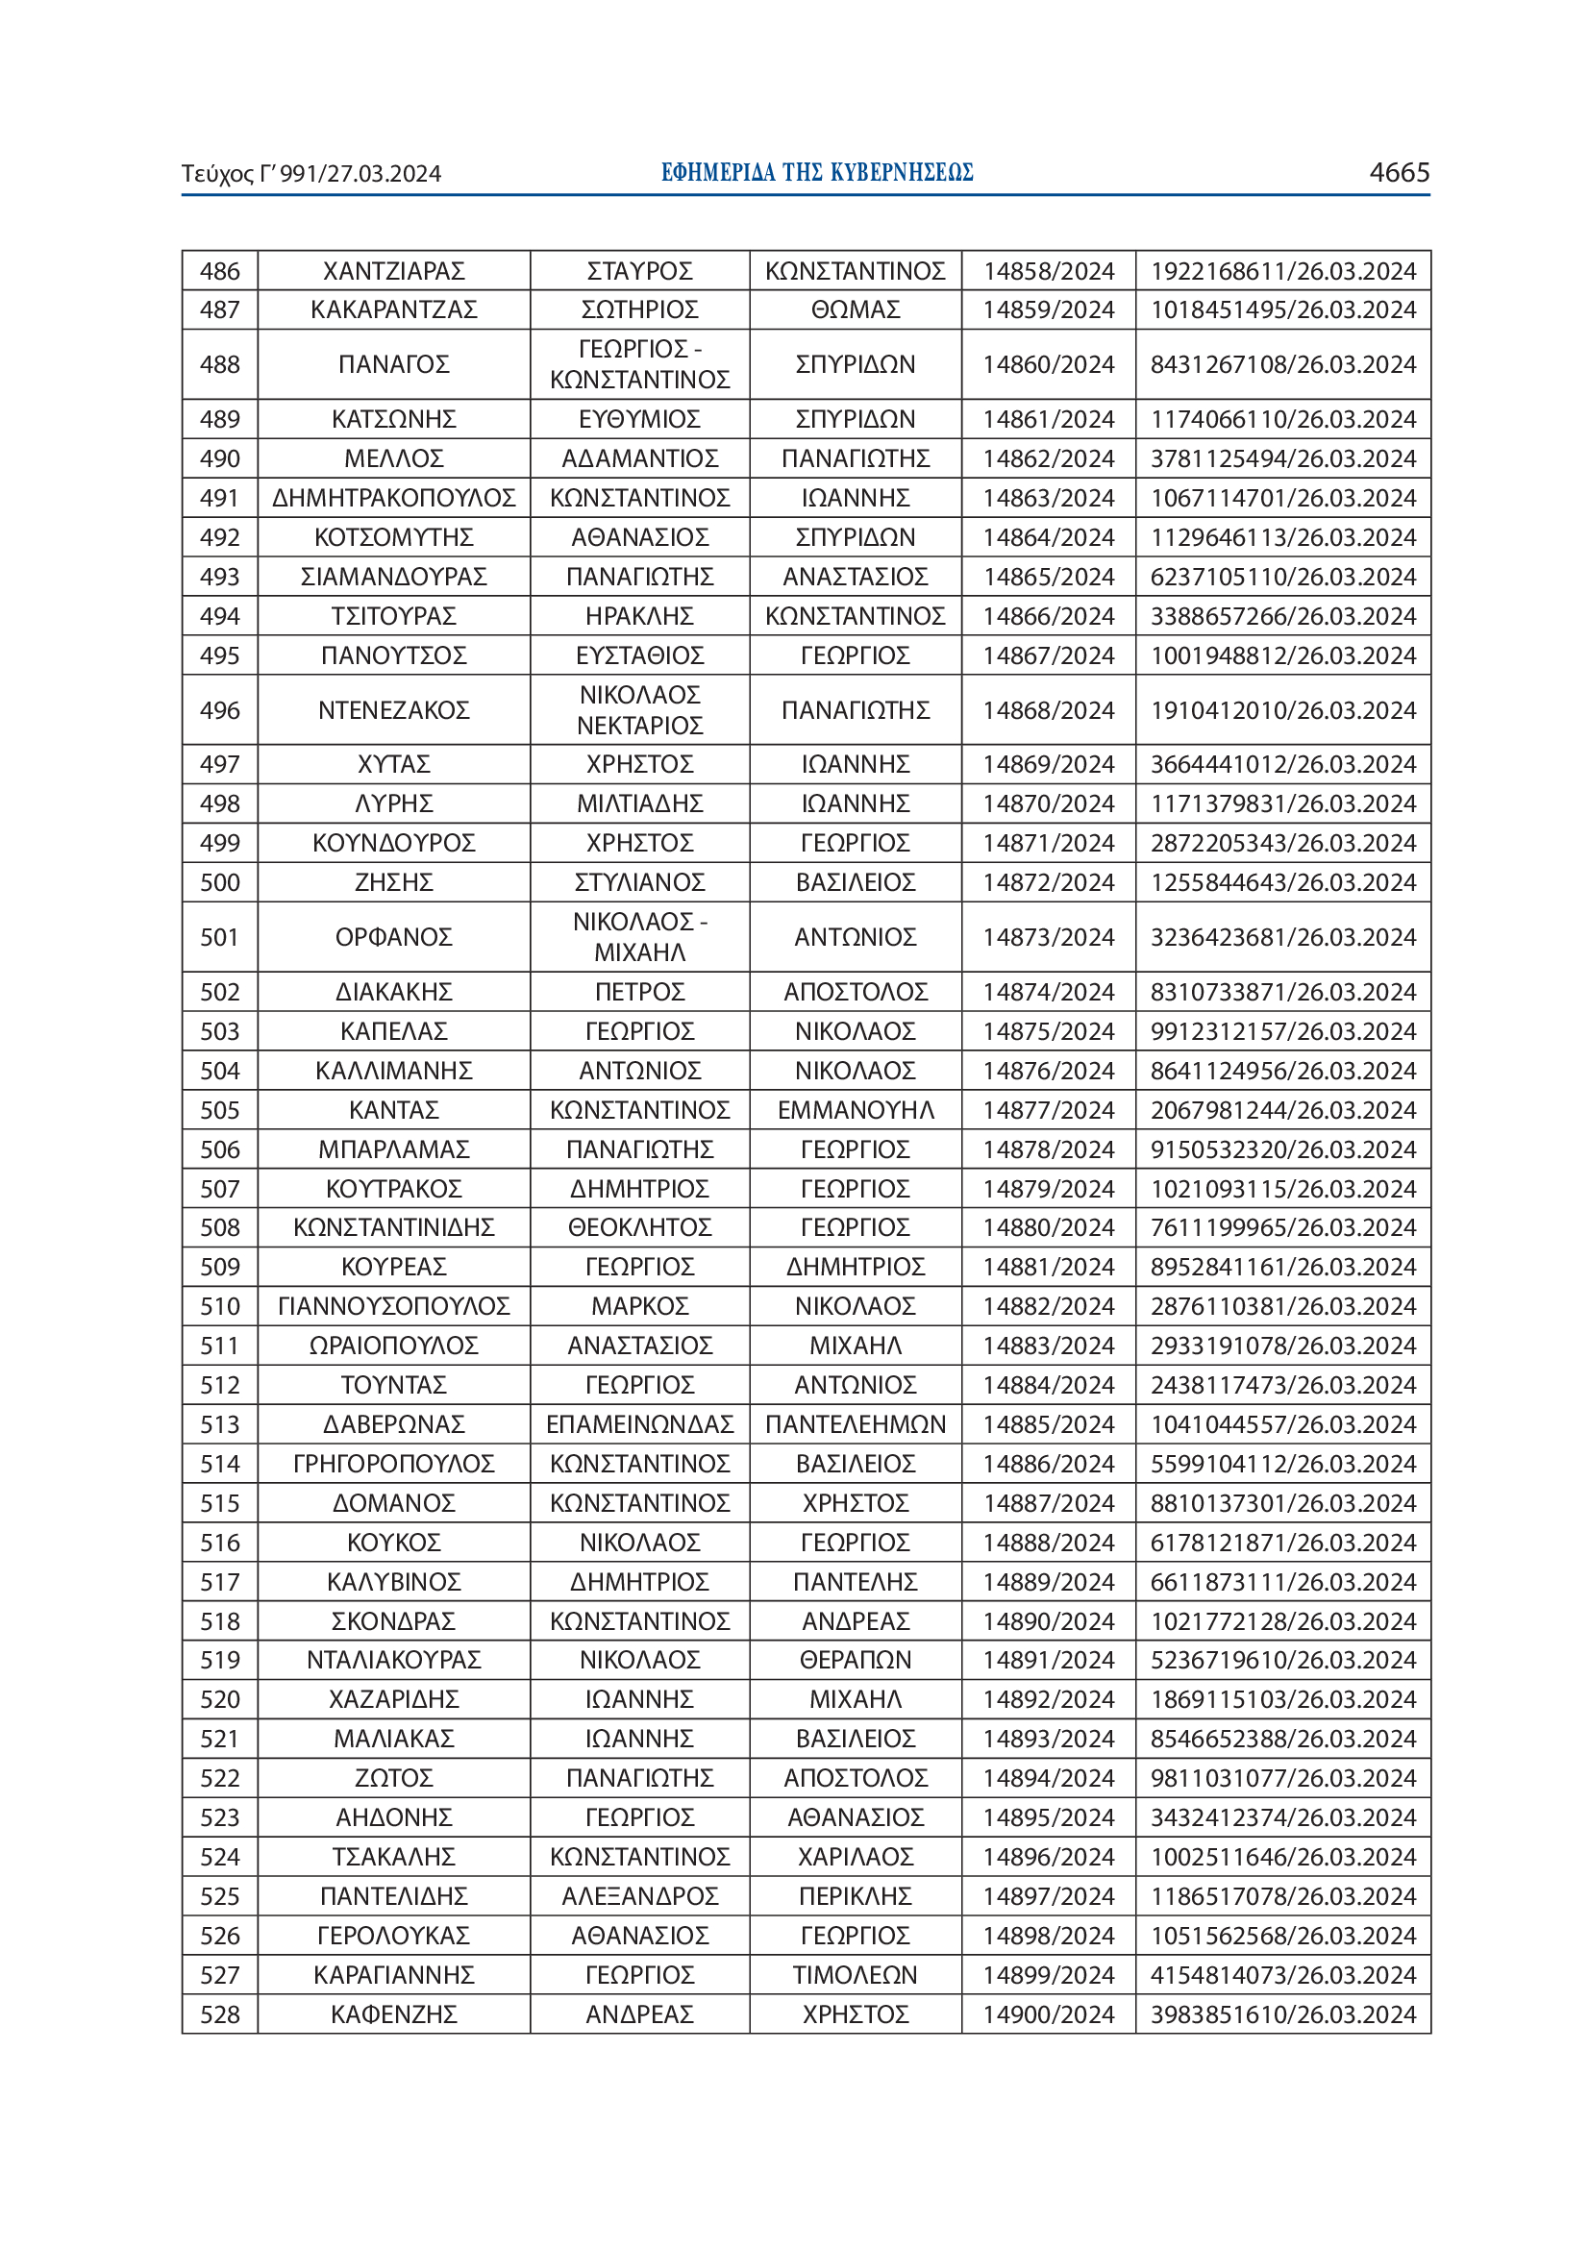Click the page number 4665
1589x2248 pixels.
1398,172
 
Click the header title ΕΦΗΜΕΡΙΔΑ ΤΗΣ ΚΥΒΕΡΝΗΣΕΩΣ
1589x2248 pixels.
816,173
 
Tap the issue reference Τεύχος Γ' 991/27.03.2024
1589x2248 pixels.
311,174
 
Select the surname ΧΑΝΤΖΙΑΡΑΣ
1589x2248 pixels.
393,271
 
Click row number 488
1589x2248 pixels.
219,364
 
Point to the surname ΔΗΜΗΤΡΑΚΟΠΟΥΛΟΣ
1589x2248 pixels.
393,499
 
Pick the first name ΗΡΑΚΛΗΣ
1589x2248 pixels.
639,616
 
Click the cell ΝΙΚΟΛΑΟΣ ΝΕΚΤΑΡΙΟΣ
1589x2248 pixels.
639,710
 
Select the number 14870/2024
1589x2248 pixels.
1048,803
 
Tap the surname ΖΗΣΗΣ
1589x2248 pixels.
393,882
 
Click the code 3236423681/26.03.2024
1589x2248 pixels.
1282,937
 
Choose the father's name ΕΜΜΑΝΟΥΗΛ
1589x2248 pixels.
855,1110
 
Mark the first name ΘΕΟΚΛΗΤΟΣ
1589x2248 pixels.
639,1227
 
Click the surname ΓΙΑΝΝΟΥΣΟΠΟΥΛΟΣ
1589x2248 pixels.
393,1306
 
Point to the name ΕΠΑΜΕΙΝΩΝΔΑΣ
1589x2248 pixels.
639,1424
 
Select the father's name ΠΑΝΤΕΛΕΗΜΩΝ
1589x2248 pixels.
855,1424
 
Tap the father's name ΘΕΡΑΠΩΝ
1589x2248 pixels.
855,1660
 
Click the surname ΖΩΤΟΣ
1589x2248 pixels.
393,1778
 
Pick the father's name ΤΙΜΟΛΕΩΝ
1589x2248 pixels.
855,1975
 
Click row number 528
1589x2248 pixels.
219,2014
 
